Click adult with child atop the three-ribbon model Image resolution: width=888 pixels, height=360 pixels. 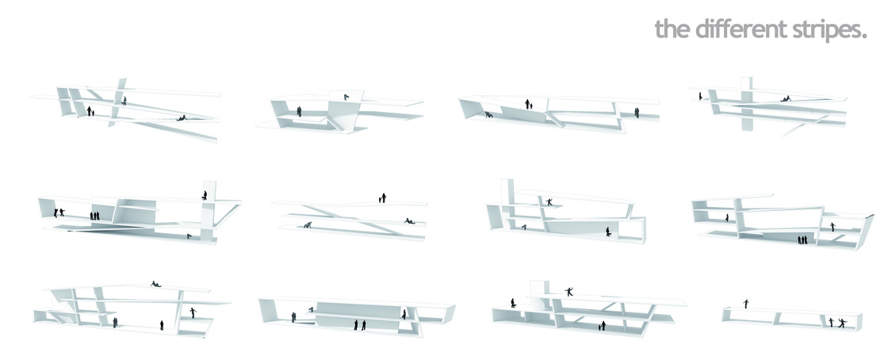click(383, 197)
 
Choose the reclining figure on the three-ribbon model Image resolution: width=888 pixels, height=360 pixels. click(409, 220)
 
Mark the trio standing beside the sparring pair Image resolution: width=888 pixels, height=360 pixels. click(95, 215)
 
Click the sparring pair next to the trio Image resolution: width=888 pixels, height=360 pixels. click(59, 213)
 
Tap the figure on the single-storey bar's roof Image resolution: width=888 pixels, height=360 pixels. click(745, 303)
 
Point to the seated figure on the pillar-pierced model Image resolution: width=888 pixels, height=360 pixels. click(785, 98)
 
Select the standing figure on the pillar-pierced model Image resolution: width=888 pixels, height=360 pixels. click(700, 96)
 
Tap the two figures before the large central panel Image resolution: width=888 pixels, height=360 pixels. click(359, 324)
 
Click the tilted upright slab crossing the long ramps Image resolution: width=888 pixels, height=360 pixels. click(120, 98)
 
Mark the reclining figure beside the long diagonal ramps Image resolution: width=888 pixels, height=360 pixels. click(182, 118)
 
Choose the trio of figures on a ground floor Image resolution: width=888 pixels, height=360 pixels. click(803, 239)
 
